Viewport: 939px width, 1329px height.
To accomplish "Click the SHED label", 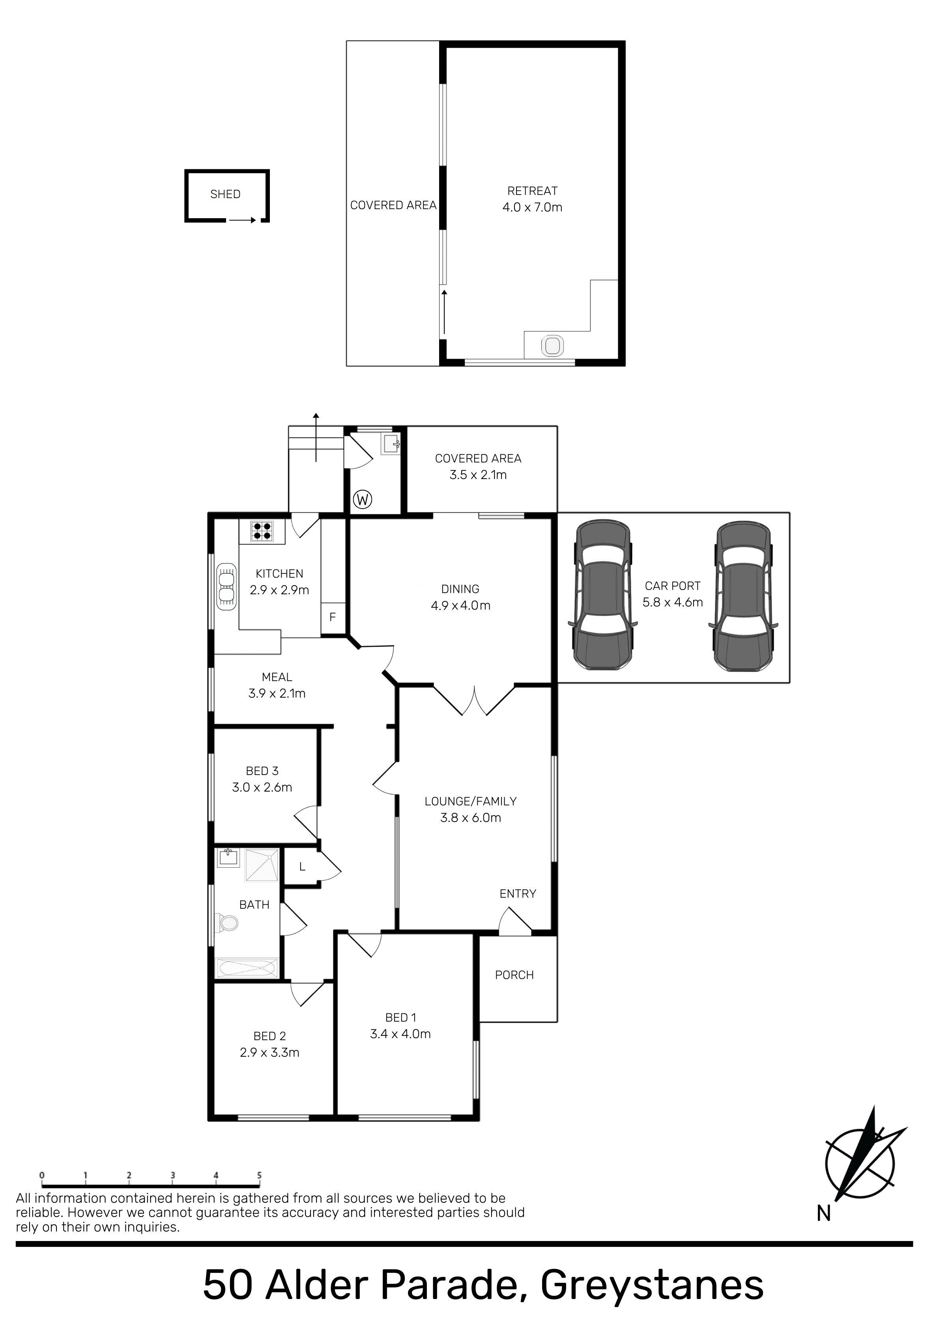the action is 225,195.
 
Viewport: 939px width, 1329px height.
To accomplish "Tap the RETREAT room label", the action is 533,191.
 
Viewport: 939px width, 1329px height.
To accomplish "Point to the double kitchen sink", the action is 226,587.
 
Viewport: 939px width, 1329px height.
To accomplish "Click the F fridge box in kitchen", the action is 333,617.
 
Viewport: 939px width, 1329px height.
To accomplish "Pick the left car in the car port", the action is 602,595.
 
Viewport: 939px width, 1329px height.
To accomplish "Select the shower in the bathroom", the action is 262,865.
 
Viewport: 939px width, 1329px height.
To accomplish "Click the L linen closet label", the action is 302,867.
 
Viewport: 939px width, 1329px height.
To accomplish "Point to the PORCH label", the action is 514,975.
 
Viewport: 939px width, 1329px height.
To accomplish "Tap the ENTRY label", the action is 518,894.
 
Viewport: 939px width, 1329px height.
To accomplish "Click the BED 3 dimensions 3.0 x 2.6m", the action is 262,787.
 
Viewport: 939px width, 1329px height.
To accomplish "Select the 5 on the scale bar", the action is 259,1176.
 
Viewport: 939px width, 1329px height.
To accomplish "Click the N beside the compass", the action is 824,1213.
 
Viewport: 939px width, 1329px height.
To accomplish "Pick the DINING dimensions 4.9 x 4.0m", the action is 461,605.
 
